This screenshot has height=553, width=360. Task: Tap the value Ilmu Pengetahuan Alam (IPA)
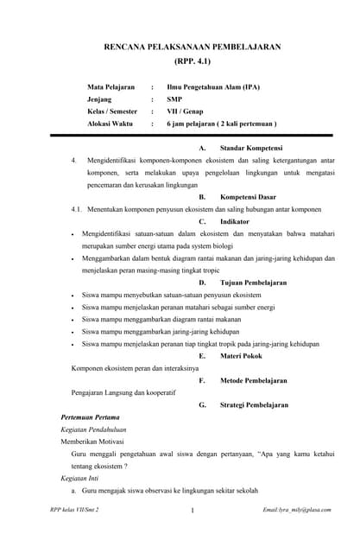(213, 87)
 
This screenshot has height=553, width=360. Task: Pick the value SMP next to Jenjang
(174, 99)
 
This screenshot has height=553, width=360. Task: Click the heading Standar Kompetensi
(250, 148)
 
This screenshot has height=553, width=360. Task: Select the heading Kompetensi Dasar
(250, 197)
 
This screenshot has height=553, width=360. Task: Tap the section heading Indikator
(235, 221)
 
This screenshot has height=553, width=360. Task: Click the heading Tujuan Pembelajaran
(253, 283)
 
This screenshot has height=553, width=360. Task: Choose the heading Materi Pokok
(242, 355)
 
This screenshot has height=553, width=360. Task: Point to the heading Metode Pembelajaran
(253, 380)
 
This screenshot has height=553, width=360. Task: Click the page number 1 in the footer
(191, 511)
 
